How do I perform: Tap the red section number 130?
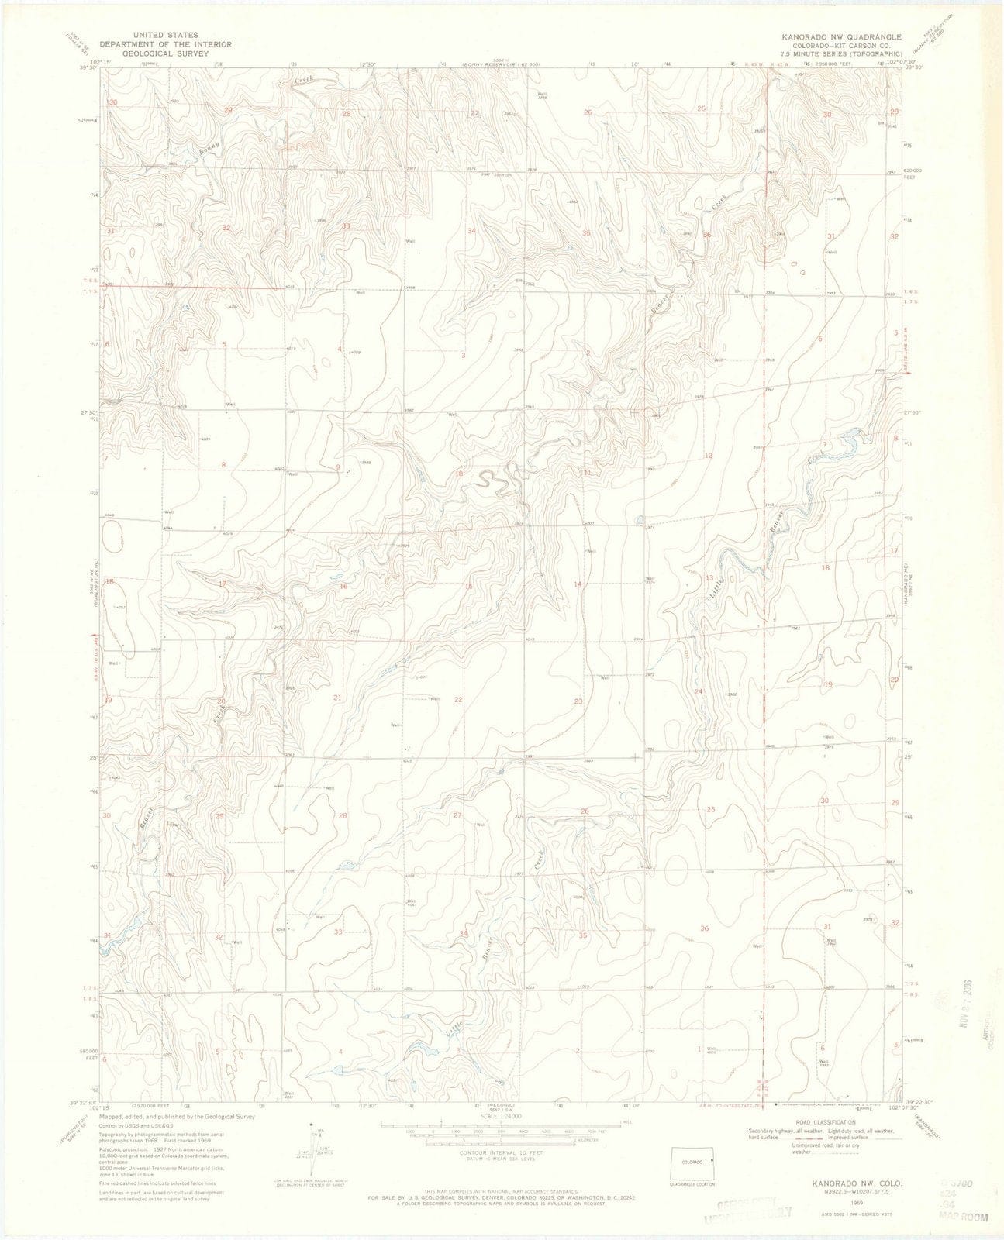(x=112, y=102)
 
